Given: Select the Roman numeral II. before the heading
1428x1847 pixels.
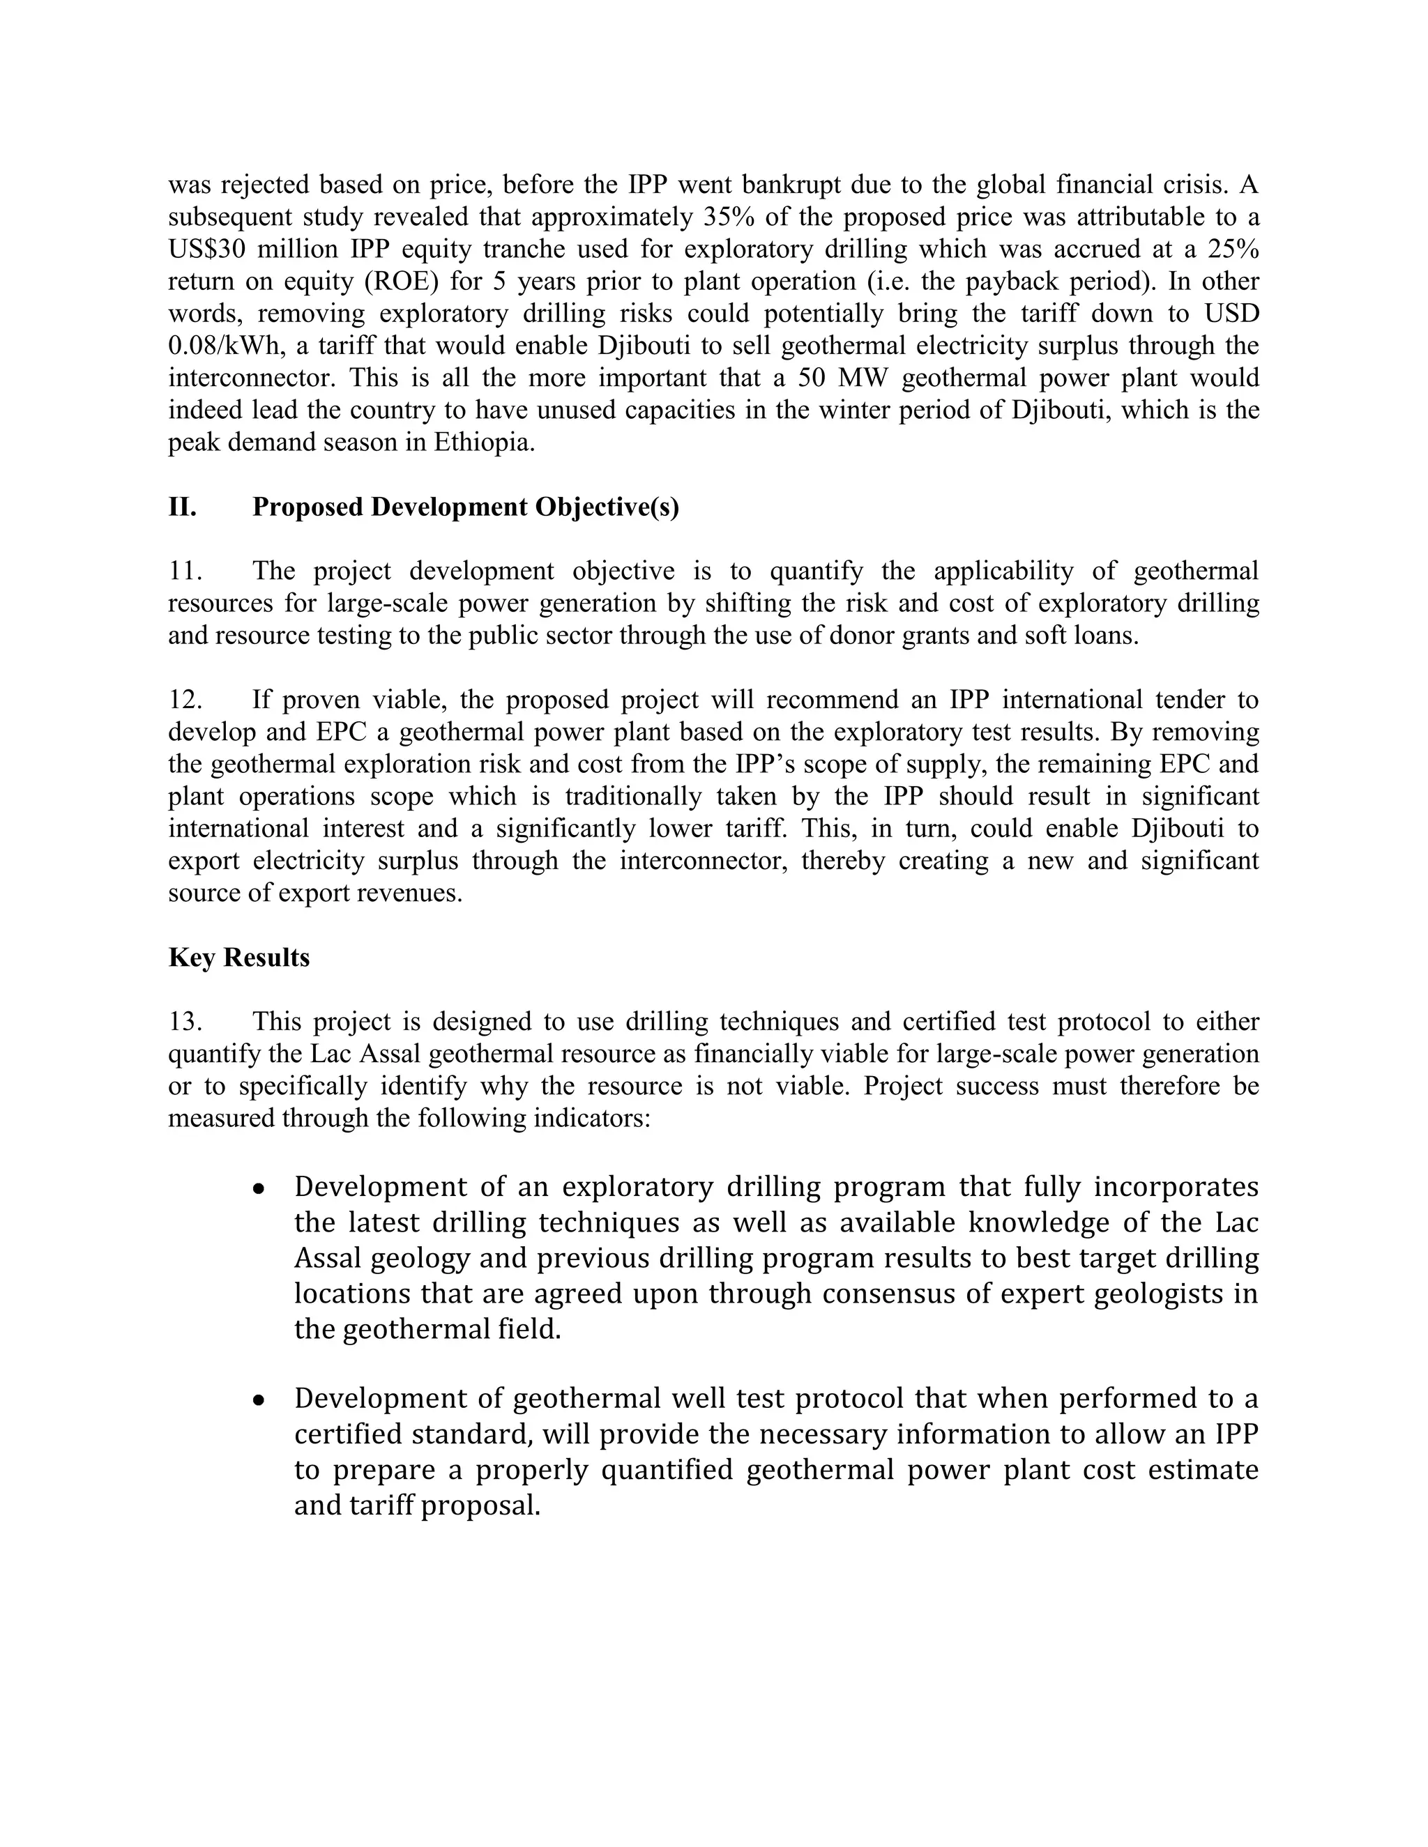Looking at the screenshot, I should coord(182,507).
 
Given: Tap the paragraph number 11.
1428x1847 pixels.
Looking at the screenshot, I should coord(183,571).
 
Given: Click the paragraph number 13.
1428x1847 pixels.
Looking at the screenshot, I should coord(183,1022).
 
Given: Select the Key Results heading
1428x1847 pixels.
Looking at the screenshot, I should coord(238,958).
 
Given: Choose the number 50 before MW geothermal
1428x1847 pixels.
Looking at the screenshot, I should coord(812,378).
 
